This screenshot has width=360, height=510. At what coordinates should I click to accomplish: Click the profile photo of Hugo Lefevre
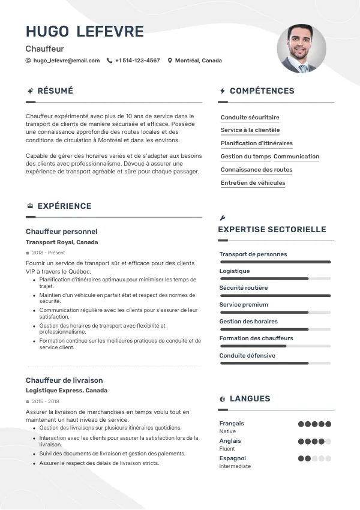301,49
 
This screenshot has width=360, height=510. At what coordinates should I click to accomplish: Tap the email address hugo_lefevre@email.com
67,61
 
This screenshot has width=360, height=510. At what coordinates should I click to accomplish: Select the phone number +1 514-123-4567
137,61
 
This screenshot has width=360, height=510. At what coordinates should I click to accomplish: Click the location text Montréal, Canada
198,61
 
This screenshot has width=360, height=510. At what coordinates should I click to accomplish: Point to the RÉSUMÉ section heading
55,91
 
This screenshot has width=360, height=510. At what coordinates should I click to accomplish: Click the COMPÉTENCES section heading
262,91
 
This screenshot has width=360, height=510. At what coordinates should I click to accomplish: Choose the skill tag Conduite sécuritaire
250,118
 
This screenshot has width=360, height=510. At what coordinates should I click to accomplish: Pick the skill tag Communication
296,157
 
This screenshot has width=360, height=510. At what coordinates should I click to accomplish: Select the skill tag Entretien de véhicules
253,183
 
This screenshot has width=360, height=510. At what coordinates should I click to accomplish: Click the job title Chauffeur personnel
61,232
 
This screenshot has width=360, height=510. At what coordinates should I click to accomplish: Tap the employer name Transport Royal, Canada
62,242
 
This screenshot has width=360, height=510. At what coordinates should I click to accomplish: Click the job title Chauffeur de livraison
64,380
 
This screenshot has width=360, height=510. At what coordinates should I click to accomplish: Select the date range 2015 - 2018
46,401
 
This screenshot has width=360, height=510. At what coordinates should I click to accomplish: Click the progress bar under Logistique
275,278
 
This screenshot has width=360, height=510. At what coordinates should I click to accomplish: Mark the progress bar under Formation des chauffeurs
275,346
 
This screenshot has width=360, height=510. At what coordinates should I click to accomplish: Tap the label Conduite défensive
247,356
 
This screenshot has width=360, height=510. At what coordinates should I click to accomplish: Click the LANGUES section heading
250,398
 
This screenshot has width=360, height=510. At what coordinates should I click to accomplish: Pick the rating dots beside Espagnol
314,458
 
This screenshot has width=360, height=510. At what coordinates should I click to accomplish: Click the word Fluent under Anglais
227,449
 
